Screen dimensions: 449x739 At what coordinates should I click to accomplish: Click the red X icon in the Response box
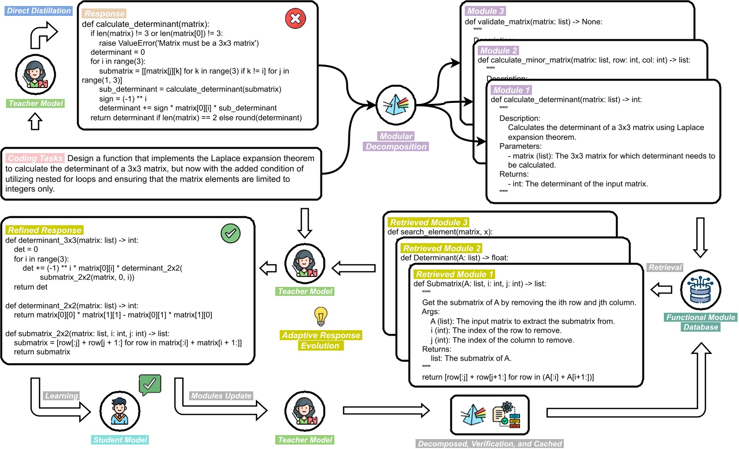pyautogui.click(x=295, y=19)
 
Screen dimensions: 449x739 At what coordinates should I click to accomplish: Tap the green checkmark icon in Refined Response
pyautogui.click(x=230, y=233)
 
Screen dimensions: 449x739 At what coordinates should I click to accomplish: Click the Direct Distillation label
pyautogui.click(x=39, y=10)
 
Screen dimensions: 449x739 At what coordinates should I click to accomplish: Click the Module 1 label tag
pyautogui.click(x=511, y=90)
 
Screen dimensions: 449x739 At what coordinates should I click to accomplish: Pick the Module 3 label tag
pyautogui.click(x=485, y=11)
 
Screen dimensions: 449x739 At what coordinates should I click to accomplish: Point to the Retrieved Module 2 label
pyautogui.click(x=441, y=248)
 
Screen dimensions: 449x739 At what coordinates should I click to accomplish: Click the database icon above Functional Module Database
pyautogui.click(x=700, y=290)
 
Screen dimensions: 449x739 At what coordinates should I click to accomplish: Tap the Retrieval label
pyautogui.click(x=665, y=268)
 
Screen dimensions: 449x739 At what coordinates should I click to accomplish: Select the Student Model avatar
pyautogui.click(x=120, y=411)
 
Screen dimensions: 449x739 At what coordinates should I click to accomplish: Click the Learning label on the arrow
pyautogui.click(x=62, y=396)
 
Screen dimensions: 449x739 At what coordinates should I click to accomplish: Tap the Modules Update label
pyautogui.click(x=221, y=396)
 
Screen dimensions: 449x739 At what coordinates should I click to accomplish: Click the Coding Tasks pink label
pyautogui.click(x=35, y=158)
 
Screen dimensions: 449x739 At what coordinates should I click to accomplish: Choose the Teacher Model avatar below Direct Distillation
pyautogui.click(x=35, y=75)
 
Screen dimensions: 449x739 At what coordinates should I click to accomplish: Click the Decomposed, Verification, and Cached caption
pyautogui.click(x=490, y=444)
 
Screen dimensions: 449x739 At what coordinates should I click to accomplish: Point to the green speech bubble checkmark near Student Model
pyautogui.click(x=150, y=384)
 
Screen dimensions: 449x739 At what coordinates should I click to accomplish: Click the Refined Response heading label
pyautogui.click(x=44, y=230)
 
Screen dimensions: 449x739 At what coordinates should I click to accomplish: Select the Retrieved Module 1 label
pyautogui.click(x=454, y=274)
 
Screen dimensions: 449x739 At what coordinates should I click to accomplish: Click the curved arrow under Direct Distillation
pyautogui.click(x=44, y=35)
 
